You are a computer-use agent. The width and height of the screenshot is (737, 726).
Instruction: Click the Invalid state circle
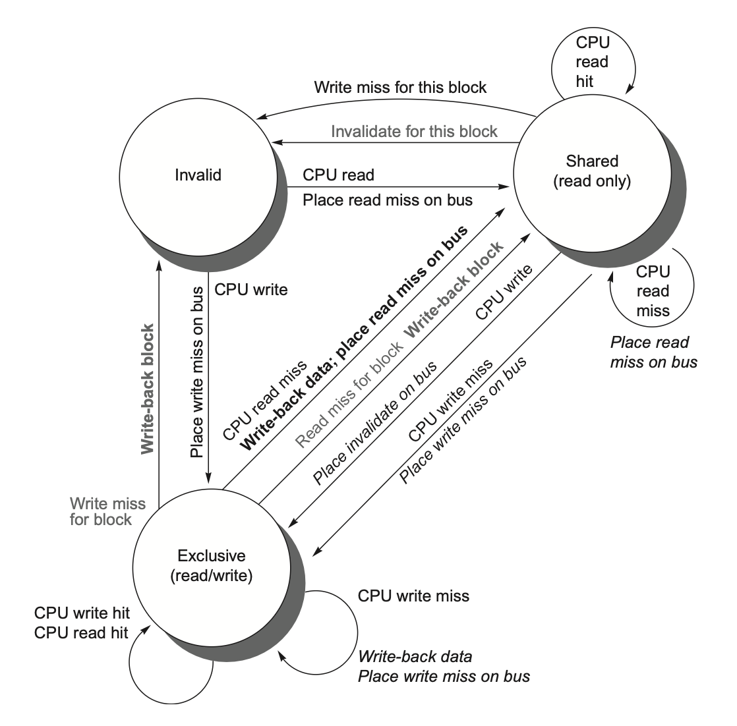198,175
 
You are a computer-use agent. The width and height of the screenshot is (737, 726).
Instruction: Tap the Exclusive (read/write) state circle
212,565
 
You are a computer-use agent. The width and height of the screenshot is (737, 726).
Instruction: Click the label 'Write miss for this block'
400,87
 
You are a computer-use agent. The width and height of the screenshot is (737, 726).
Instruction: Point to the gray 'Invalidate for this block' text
414,131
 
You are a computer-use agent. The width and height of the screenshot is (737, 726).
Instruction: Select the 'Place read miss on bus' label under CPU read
388,199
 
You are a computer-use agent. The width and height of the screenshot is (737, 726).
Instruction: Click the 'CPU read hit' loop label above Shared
593,63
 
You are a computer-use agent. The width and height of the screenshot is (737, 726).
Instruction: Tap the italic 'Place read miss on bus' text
653,352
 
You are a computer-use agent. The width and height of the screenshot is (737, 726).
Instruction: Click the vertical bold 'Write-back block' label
148,388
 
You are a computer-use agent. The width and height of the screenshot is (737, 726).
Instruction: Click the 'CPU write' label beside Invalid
251,289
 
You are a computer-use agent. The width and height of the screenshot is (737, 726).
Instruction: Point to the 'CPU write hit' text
82,613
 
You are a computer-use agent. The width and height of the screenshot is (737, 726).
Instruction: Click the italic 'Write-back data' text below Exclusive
415,657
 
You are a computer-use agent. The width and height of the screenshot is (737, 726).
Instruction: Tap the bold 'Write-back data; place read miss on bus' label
354,336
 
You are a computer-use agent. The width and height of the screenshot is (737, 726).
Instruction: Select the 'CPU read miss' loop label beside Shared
653,291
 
